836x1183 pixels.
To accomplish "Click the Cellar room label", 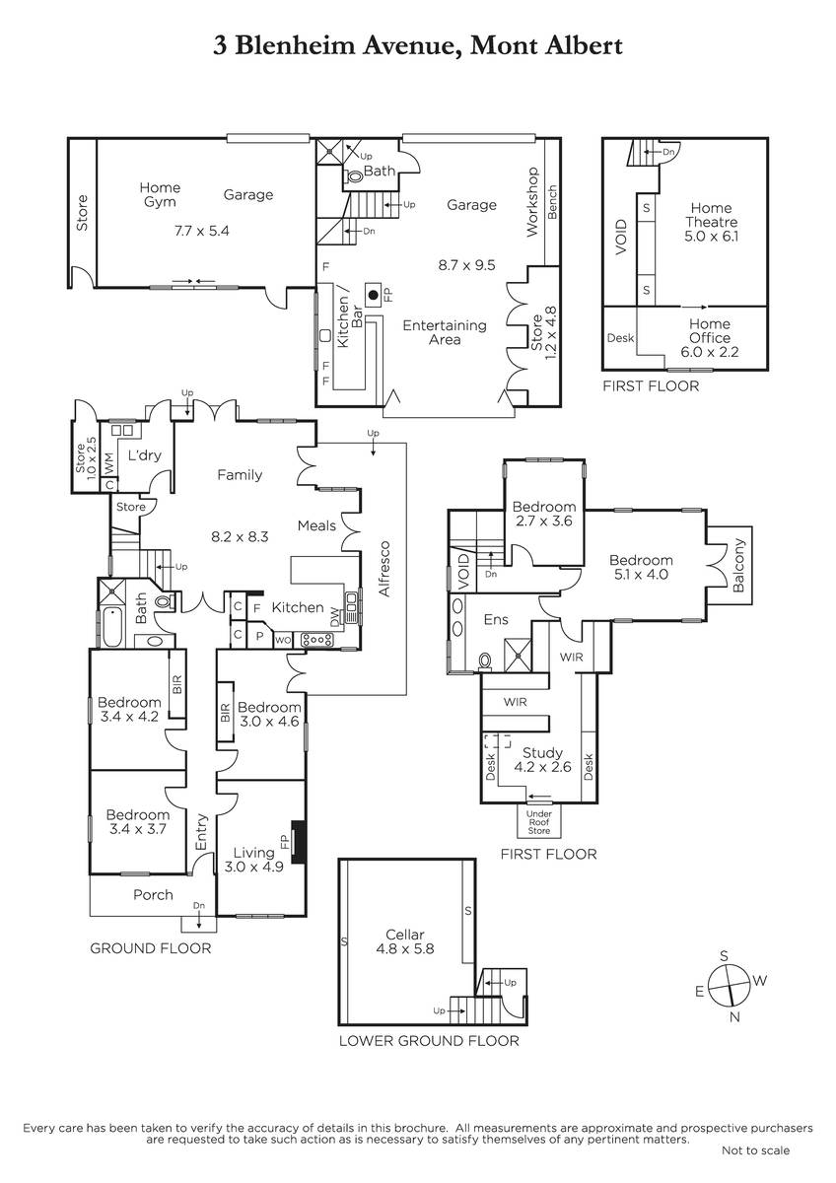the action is pos(404,935).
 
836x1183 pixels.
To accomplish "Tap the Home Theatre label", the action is pos(711,215).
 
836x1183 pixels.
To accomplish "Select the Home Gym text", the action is pos(160,195).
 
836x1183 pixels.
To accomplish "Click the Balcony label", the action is pos(738,565).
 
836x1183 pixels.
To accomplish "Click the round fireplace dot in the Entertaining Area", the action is pos(374,295).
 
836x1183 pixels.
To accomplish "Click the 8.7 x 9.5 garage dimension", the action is pos(467,265).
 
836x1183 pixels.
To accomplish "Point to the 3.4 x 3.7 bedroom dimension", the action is pos(138,829).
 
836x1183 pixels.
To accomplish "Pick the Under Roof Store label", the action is pos(538,822).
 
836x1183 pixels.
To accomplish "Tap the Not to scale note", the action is pos(755,1150).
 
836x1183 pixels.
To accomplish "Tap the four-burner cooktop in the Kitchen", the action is pos(316,640).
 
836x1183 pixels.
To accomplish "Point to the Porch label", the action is pos(153,895).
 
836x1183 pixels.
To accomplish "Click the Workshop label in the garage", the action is pos(532,202).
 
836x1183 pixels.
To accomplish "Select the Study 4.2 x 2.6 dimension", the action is pos(543,766).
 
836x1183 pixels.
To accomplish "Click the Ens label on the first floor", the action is pos(496,619).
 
